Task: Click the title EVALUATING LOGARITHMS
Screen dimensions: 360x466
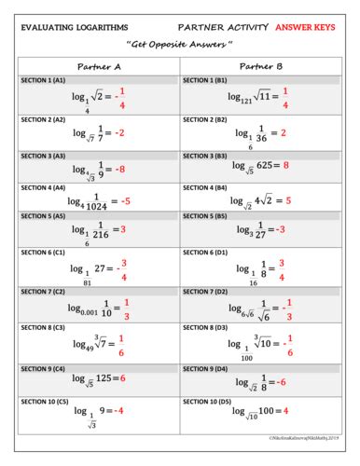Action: coord(77,25)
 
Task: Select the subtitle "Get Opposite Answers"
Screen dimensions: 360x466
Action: coord(181,46)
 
